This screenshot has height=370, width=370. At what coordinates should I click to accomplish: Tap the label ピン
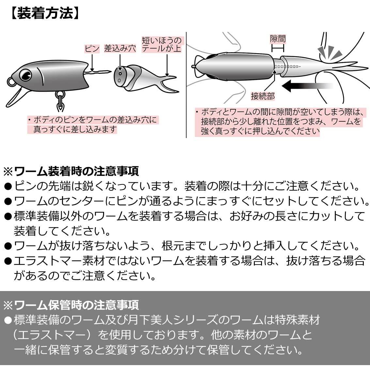point(92,49)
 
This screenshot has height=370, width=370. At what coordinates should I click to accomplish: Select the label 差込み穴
point(120,49)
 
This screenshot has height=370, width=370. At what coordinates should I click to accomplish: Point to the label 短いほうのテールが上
point(162,45)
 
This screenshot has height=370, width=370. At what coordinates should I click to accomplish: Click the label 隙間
point(278,39)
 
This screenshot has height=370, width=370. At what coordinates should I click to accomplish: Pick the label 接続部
point(263,96)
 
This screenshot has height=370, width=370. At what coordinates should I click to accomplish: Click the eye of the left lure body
point(25,75)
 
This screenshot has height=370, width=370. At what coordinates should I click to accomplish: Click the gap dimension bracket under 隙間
point(278,49)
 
